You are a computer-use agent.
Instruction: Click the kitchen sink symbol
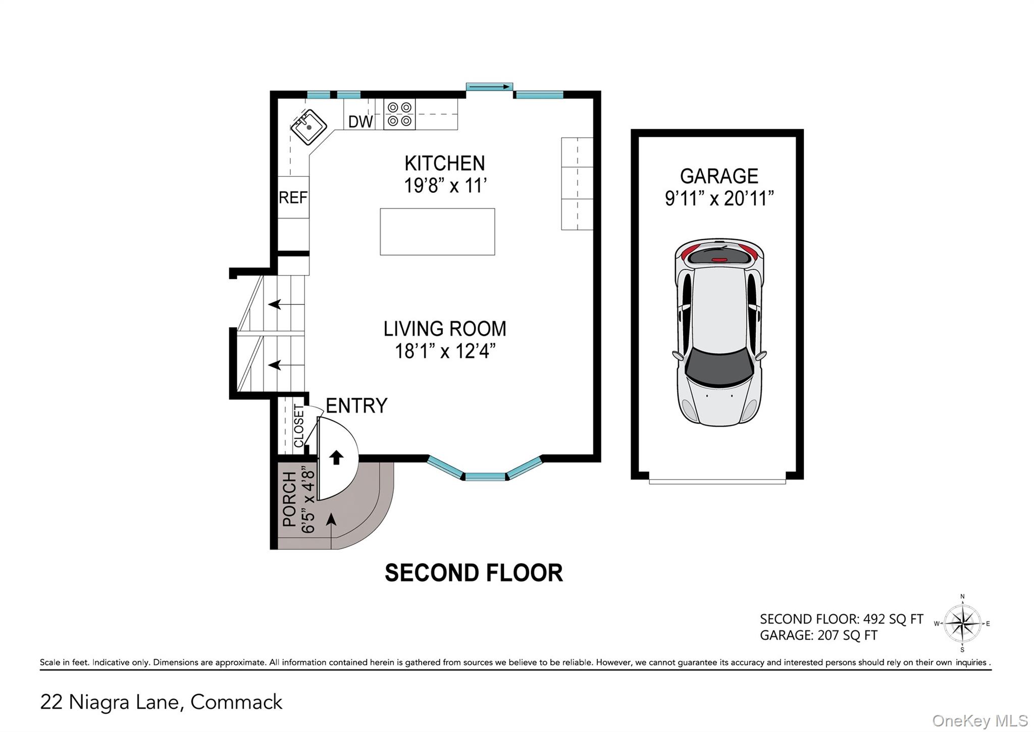click(308, 127)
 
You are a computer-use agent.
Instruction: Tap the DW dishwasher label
click(360, 122)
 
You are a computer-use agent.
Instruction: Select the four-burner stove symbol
click(399, 114)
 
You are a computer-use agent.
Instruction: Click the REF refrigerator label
click(293, 197)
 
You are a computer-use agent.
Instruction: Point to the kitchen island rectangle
click(437, 232)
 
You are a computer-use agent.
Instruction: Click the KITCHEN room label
click(444, 164)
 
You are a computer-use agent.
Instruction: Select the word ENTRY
click(356, 405)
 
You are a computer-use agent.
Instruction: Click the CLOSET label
click(299, 426)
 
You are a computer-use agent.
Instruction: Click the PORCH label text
click(289, 499)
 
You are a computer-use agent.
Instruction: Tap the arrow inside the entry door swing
click(336, 457)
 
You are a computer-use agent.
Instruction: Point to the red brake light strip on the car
click(719, 259)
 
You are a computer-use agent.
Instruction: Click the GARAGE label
click(719, 176)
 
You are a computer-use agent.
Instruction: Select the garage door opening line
click(717, 482)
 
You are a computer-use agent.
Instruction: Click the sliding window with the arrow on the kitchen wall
click(489, 87)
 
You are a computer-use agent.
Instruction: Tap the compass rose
click(962, 624)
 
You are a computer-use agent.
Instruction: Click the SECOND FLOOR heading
click(474, 573)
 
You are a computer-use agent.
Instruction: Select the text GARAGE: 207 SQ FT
click(818, 635)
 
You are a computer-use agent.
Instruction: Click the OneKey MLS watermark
click(979, 721)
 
